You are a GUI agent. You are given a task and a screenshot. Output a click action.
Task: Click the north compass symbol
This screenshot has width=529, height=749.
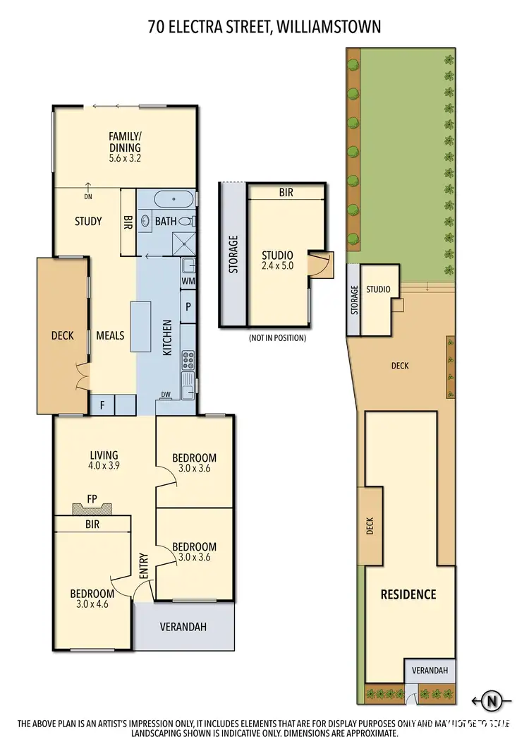tap(494, 701)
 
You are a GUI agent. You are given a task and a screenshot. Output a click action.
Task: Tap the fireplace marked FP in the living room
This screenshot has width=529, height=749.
tap(92, 508)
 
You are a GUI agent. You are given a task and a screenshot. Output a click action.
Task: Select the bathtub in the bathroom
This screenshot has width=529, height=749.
tap(172, 199)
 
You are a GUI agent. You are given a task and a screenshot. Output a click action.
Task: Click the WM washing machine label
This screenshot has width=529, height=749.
tap(188, 281)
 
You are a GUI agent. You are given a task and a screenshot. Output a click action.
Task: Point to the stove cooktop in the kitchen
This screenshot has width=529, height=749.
tap(188, 360)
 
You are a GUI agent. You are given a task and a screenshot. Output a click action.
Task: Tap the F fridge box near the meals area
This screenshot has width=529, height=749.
tap(102, 405)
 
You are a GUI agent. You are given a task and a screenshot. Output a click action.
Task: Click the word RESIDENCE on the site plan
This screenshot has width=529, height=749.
tap(408, 594)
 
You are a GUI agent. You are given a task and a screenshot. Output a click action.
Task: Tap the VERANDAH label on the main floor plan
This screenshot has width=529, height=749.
tap(183, 626)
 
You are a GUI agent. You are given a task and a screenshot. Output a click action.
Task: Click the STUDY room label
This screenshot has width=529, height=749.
tap(88, 221)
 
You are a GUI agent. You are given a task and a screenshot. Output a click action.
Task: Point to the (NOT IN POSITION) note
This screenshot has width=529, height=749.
tap(277, 338)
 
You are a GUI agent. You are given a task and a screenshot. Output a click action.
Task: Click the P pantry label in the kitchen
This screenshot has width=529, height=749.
tap(188, 307)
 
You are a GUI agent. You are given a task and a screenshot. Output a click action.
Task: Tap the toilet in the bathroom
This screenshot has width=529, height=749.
tap(193, 221)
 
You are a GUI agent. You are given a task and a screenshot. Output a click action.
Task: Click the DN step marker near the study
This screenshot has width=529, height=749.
tap(88, 198)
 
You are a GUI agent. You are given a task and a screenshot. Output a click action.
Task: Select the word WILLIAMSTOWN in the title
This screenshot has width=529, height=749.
tap(329, 27)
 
